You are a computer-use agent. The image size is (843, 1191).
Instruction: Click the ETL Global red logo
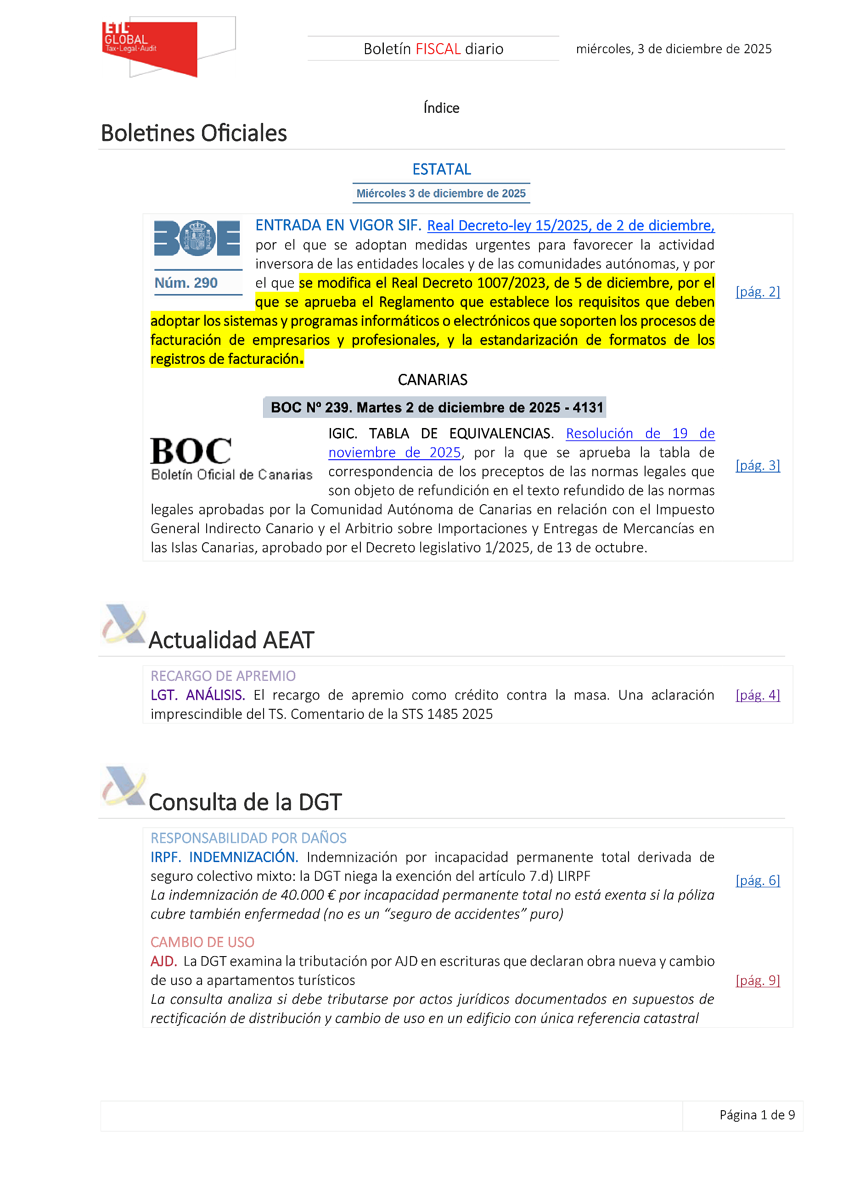[x=150, y=48]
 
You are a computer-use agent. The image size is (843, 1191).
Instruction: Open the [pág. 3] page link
[x=757, y=465]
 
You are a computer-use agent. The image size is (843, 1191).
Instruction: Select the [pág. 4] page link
[x=757, y=695]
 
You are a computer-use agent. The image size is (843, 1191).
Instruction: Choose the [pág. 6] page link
[x=757, y=880]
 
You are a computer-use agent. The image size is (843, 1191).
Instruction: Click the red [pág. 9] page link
[x=757, y=980]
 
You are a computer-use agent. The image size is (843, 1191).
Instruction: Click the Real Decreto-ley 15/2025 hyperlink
[x=570, y=226]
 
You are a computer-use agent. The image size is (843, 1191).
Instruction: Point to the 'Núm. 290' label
[x=186, y=283]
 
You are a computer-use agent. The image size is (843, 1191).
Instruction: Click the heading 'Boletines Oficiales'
[x=194, y=134]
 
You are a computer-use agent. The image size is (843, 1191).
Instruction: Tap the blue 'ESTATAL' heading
[x=441, y=169]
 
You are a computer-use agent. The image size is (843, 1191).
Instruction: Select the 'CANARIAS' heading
[x=433, y=380]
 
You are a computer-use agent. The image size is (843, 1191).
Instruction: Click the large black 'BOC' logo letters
[x=191, y=451]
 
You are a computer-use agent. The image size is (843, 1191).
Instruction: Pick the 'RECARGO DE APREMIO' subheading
[x=223, y=676]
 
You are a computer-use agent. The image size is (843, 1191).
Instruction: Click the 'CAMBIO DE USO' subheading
[x=202, y=942]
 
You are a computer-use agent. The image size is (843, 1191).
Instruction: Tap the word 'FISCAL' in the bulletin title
[x=438, y=49]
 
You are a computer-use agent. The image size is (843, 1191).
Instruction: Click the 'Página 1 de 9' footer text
[x=757, y=1115]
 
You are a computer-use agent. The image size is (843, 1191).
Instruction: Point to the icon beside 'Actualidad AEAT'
[x=124, y=623]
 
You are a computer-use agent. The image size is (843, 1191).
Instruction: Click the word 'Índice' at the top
[x=441, y=108]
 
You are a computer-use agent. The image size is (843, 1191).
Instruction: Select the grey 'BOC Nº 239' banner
[x=434, y=407]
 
